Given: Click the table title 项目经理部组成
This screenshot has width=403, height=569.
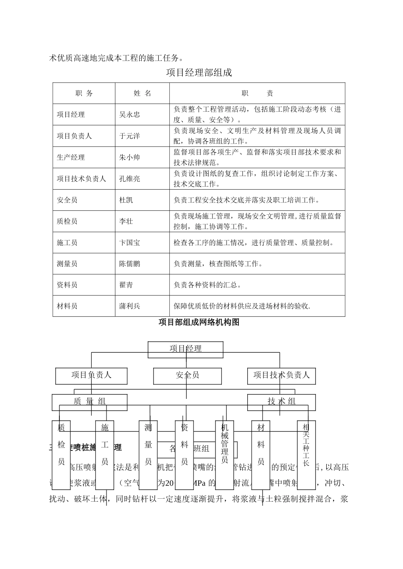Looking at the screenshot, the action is [199, 72].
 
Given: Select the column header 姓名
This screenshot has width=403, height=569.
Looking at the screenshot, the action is [142, 94].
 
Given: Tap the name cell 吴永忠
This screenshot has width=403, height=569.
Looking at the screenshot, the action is [129, 114].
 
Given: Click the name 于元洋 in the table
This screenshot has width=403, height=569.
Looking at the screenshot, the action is [129, 136].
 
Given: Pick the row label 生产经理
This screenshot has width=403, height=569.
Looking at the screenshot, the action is [71, 157].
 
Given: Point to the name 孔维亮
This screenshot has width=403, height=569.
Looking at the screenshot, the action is [129, 179].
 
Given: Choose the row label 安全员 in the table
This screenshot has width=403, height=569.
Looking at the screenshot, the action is [67, 200].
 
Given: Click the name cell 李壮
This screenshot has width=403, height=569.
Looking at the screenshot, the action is [126, 221].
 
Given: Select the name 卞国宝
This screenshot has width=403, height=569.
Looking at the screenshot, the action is [129, 243].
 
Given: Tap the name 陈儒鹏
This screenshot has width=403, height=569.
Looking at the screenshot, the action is [129, 264].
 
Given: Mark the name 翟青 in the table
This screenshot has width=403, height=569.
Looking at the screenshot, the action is [126, 285].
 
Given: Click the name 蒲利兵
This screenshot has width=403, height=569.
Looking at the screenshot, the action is [129, 306].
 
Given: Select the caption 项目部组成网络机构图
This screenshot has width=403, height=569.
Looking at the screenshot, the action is [199, 322].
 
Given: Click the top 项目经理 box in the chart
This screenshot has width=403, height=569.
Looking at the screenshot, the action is [185, 349].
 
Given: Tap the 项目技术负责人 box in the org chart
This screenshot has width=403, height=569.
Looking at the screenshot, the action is [282, 375].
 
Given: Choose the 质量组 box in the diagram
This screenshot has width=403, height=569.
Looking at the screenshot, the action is [90, 401].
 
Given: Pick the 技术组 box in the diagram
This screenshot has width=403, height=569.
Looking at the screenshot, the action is [282, 401].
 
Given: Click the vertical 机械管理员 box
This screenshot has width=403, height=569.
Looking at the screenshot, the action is [224, 442].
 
